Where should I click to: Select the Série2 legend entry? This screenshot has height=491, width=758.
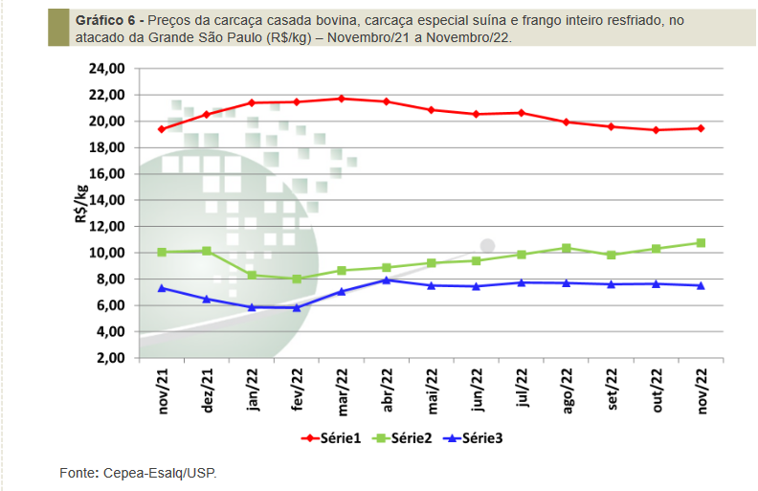(408, 437)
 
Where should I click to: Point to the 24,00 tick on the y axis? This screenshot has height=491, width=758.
(106, 69)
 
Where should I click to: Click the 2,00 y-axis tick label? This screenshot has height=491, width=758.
(109, 358)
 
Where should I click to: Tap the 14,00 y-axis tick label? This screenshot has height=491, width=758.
(106, 200)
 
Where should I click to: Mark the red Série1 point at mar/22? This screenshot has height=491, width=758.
(342, 99)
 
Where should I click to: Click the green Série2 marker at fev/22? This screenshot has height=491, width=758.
(297, 279)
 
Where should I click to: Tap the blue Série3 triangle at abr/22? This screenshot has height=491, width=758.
(387, 279)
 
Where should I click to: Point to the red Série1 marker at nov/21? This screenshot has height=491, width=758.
(162, 129)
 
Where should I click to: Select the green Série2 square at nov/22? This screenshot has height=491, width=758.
(702, 243)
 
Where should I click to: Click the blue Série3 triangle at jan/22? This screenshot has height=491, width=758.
(252, 307)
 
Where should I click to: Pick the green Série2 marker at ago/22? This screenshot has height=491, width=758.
(567, 248)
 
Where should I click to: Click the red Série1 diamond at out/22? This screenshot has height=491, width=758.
(657, 130)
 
